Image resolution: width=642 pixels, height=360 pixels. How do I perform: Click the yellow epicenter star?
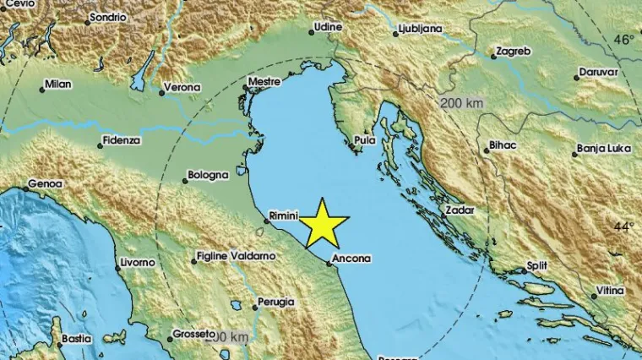(324, 224)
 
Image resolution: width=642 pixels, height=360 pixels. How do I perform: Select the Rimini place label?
(284, 215)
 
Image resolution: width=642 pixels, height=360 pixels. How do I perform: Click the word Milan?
(58, 85)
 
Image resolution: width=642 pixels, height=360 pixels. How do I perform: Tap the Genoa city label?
(46, 183)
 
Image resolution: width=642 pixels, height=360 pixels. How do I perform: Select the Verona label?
(182, 87)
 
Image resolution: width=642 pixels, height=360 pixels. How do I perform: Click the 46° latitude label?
(623, 40)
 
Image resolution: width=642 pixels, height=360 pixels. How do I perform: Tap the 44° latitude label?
(623, 226)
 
